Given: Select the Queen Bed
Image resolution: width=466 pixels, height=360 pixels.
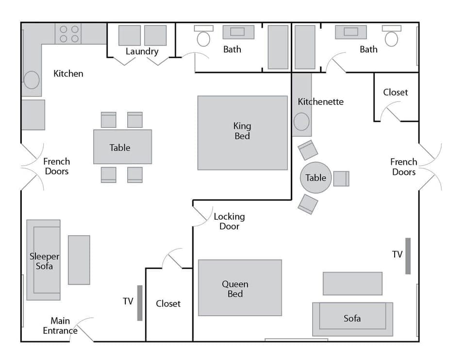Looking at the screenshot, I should [x=240, y=288].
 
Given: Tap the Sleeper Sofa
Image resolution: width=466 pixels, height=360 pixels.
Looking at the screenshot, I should [x=44, y=260].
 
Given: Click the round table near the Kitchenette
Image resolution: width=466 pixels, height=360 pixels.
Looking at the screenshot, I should [x=316, y=178].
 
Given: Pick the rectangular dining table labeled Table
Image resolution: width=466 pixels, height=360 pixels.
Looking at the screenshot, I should [x=122, y=147].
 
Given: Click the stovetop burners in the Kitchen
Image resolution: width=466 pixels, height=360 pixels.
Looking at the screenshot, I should [x=68, y=34].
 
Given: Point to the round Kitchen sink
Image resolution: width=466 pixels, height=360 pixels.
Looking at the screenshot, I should [x=32, y=80].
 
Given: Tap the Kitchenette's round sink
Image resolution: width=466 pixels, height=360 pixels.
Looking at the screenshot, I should [x=301, y=121].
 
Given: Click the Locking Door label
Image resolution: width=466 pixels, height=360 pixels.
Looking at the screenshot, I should [x=229, y=222].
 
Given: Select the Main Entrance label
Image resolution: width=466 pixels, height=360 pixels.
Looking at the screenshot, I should [x=60, y=326].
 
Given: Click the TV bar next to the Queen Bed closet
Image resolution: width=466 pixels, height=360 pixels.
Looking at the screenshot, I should [x=140, y=303].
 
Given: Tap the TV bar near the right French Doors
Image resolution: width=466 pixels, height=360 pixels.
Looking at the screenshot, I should [x=408, y=256].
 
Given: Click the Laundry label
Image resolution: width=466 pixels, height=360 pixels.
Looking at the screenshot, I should [x=142, y=51].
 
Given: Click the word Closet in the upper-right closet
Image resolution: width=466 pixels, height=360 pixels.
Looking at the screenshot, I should [x=395, y=92].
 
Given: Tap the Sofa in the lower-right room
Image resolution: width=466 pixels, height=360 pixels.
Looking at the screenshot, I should [x=352, y=319].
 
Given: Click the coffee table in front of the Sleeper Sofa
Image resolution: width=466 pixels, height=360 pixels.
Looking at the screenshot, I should [x=79, y=260].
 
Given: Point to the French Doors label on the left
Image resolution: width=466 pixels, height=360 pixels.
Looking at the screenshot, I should [x=57, y=166].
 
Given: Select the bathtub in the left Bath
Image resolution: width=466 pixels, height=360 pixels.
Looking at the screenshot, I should [x=278, y=47].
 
